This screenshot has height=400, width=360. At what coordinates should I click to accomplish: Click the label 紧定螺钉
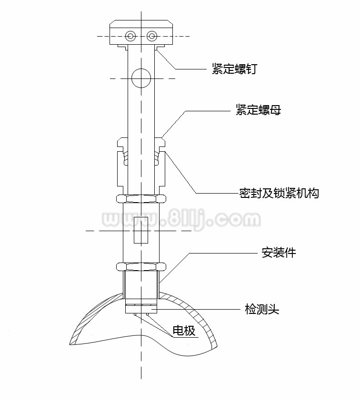pyautogui.click(x=234, y=69)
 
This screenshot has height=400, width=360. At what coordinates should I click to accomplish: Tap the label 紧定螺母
pyautogui.click(x=258, y=110)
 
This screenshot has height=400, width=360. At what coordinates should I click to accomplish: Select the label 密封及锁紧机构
pyautogui.click(x=279, y=193)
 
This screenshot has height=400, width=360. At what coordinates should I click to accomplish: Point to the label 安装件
pyautogui.click(x=279, y=253)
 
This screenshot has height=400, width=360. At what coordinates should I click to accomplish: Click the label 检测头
pyautogui.click(x=261, y=310)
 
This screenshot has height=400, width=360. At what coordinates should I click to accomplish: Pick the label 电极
pyautogui.click(x=184, y=331)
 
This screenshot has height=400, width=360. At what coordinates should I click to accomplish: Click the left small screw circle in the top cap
pyautogui.click(x=130, y=36)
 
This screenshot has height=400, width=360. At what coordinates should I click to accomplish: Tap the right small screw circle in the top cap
pyautogui.click(x=152, y=36)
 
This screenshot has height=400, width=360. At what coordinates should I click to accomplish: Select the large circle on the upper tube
pyautogui.click(x=141, y=78)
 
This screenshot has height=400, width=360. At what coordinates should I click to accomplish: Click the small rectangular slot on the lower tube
pyautogui.click(x=141, y=230)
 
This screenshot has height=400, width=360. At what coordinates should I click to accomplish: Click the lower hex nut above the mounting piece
pyautogui.click(x=141, y=267)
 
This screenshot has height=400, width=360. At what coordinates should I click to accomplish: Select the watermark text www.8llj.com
pyautogui.click(x=181, y=220)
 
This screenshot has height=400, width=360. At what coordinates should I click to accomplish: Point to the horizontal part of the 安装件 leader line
pyautogui.click(x=224, y=253)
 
